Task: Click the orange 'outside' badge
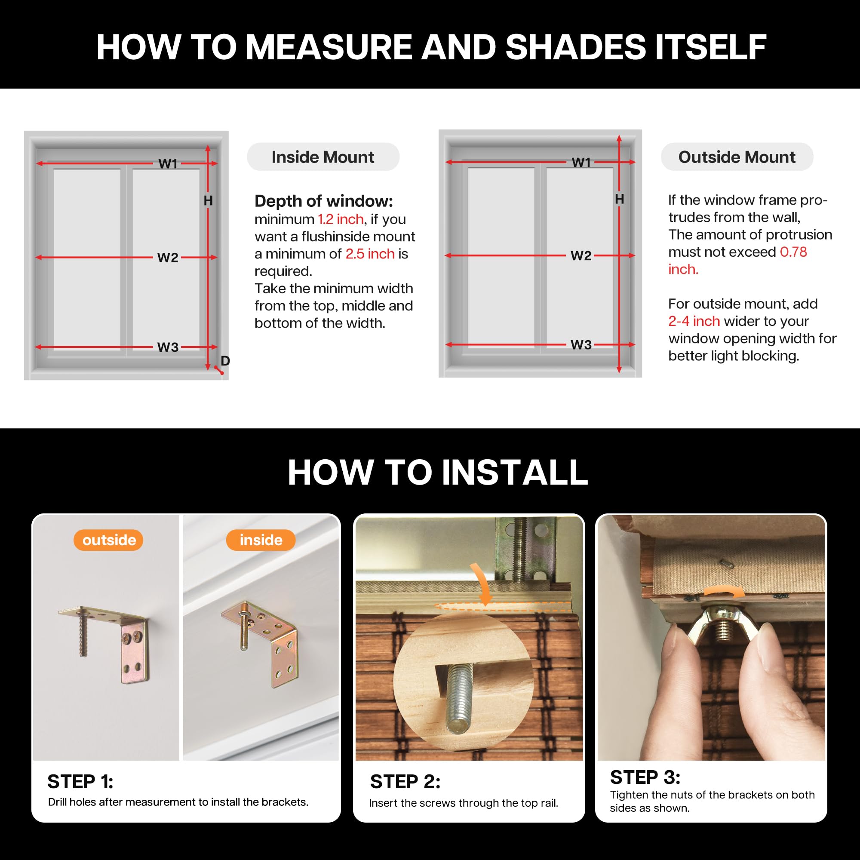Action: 108,540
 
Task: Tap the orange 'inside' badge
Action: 261,540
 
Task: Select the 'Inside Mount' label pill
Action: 323,157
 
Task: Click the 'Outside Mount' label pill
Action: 737,157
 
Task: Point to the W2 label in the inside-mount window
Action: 168,257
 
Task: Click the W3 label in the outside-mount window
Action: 581,344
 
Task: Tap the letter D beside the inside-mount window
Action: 225,361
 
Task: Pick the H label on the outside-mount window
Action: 619,199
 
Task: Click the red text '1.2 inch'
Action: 341,219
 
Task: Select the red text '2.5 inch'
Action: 370,254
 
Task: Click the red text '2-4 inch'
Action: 694,321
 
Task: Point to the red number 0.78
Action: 794,252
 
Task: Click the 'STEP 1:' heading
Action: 80,782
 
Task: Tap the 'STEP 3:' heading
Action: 645,777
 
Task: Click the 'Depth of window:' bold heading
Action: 324,201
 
